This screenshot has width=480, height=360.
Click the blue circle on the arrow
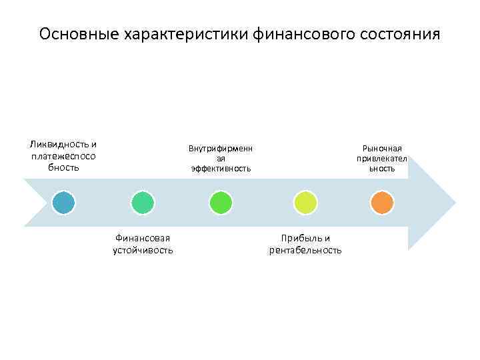click(x=65, y=202)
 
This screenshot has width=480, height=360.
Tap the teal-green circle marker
click(x=143, y=202)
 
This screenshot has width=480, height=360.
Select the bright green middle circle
click(x=221, y=202)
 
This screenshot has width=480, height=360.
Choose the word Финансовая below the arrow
click(x=143, y=238)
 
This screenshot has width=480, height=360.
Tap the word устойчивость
click(x=143, y=250)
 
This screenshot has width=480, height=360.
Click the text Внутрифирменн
click(x=221, y=148)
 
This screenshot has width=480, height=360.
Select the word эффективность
click(x=221, y=169)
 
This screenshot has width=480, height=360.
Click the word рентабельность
click(x=305, y=250)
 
